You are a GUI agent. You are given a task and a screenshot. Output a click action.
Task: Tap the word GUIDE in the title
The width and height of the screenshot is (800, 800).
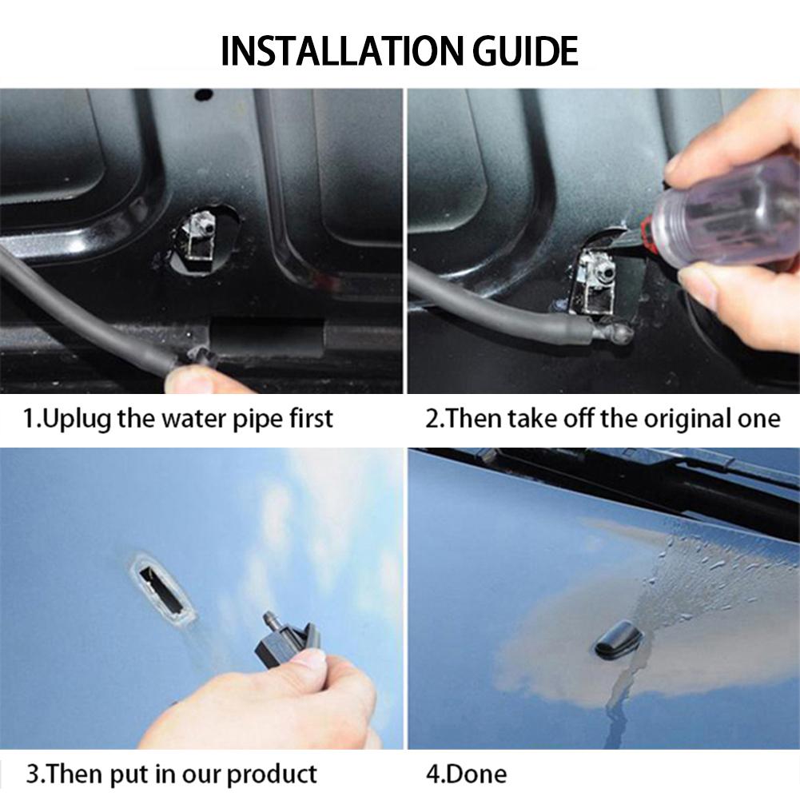click(526, 51)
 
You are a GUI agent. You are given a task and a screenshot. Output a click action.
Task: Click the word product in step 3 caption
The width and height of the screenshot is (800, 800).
click(271, 775)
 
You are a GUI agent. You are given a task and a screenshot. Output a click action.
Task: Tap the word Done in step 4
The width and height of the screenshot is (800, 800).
click(476, 774)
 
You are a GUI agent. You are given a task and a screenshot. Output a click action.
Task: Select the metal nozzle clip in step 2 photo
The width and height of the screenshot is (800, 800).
click(596, 281)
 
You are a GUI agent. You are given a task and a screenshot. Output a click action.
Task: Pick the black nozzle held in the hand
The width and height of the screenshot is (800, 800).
click(286, 641)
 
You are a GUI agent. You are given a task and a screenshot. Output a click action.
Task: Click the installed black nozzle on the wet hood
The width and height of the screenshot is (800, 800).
click(618, 640)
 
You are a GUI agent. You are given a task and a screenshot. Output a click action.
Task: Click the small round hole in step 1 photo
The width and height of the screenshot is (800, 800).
click(204, 95)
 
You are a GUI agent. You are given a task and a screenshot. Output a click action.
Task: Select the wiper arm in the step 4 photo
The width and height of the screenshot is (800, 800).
click(638, 484)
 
